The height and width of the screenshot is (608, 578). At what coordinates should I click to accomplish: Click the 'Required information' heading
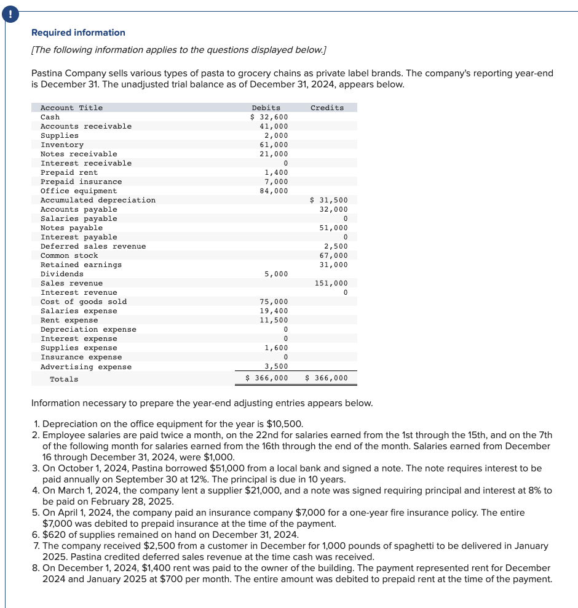(78, 33)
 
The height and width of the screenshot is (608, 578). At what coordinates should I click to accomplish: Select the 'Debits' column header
(266, 108)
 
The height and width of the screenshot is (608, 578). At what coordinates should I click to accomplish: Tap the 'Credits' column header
(327, 108)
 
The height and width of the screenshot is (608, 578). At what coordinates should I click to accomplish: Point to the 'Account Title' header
(71, 108)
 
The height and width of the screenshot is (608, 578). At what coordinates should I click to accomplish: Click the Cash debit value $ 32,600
(269, 117)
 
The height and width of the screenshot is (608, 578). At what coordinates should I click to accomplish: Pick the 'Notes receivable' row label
(79, 154)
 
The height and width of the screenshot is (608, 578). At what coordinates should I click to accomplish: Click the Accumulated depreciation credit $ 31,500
(329, 200)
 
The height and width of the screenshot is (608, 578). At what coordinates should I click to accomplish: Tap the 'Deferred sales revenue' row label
(93, 246)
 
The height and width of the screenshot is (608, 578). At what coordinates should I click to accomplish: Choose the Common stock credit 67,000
(334, 255)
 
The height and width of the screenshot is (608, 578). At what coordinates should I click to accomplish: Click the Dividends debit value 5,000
(276, 274)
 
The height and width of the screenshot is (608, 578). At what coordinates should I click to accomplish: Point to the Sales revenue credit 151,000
(331, 283)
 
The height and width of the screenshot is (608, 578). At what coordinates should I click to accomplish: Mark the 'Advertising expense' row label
(86, 367)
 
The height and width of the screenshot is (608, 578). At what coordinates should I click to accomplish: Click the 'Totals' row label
(64, 379)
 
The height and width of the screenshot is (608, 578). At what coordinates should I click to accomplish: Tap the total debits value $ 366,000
(267, 378)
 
